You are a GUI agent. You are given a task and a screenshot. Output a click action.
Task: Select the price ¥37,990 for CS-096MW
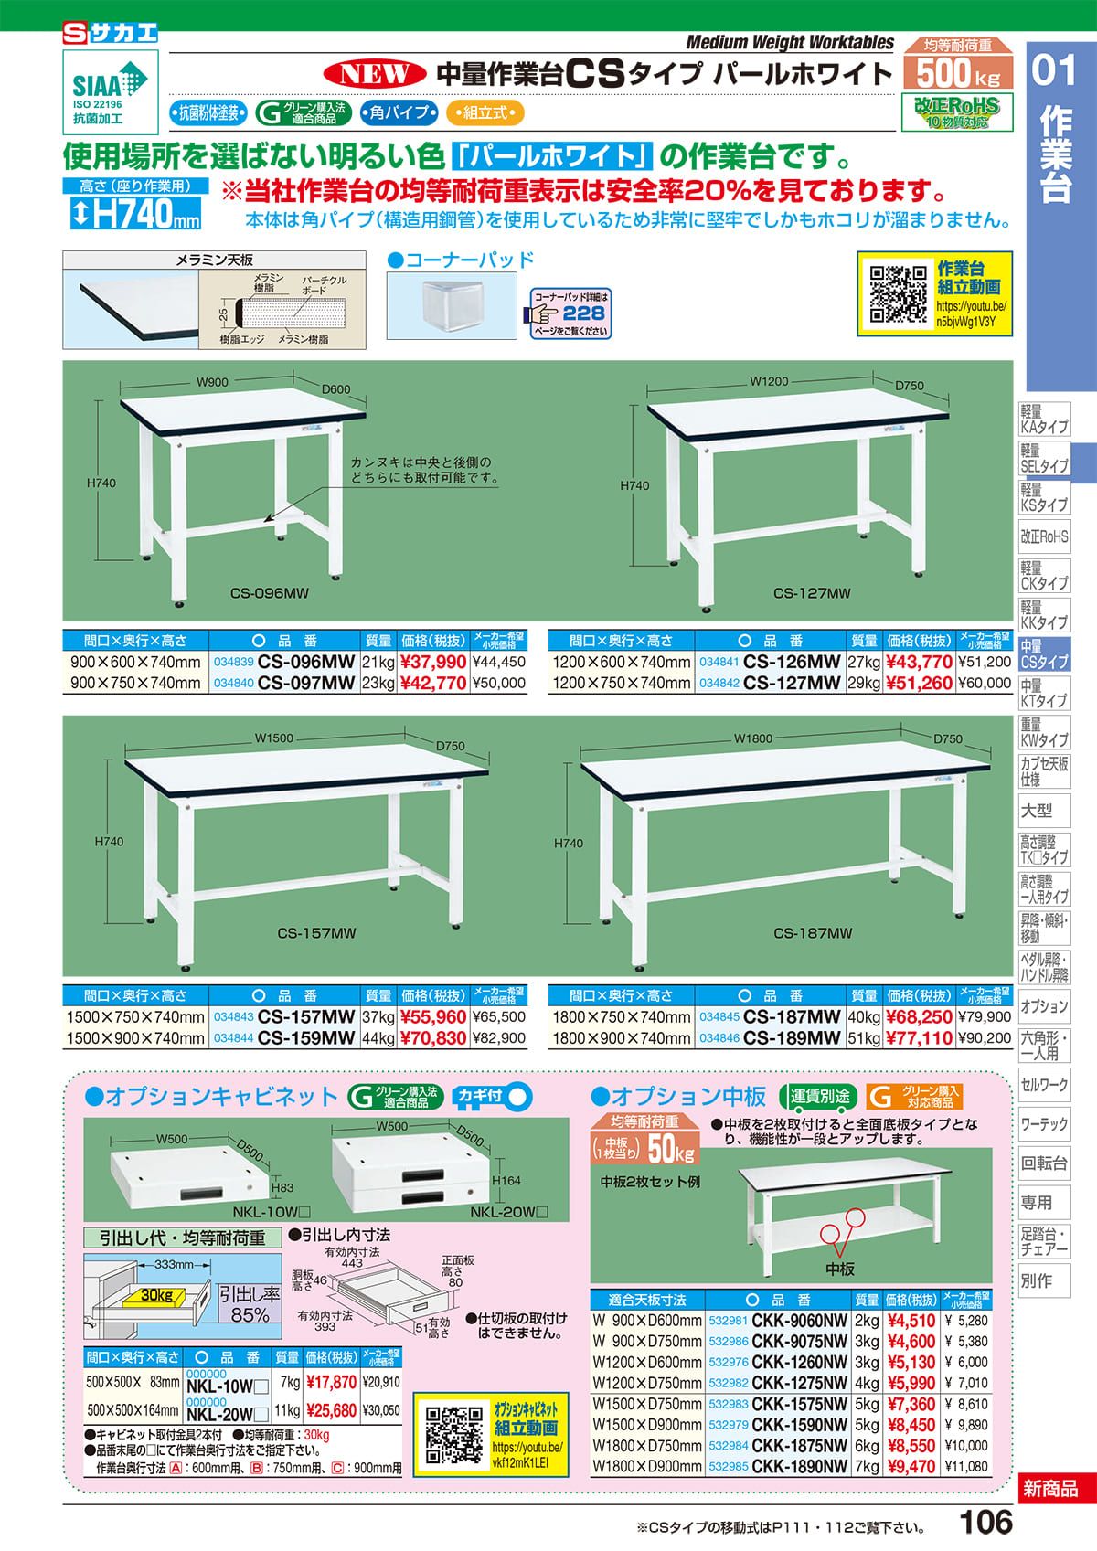point(434,662)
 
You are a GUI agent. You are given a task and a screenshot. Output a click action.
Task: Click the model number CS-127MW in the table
point(791,683)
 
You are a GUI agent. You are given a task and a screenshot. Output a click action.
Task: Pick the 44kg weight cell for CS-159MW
point(378,1037)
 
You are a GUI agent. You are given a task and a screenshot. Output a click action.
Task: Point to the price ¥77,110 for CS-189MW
point(919,1037)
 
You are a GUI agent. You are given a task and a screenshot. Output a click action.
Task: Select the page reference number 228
point(582,313)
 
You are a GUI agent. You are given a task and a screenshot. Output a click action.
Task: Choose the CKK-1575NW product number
point(799,1404)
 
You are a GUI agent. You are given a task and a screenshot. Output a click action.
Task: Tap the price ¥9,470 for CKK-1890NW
point(911,1466)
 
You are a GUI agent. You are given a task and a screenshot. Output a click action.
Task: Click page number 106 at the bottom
point(986,1523)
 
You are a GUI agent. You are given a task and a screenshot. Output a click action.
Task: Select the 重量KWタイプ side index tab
point(1044,734)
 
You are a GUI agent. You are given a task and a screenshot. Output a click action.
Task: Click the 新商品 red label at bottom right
point(1050,1489)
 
